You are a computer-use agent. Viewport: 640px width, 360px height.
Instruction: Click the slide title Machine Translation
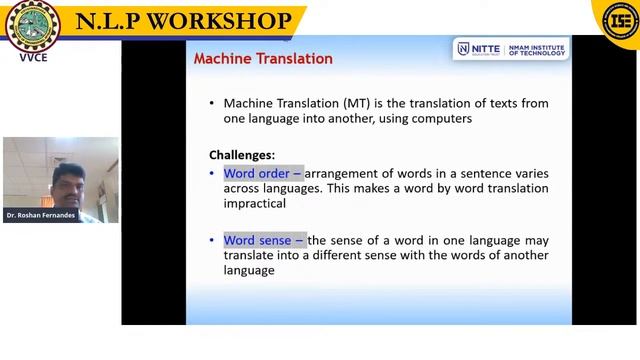click(263, 59)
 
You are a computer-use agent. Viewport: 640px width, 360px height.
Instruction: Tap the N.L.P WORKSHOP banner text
click(184, 21)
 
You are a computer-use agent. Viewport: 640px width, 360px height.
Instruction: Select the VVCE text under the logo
click(33, 57)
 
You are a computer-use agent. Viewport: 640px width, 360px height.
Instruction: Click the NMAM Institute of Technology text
click(536, 49)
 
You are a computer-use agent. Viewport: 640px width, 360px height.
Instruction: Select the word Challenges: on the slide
click(242, 155)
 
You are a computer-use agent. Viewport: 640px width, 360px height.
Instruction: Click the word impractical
click(255, 203)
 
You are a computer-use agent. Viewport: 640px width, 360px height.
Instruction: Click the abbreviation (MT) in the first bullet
click(357, 103)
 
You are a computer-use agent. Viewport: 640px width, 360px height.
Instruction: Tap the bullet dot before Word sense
click(212, 241)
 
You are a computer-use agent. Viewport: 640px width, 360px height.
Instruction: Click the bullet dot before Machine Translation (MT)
click(212, 104)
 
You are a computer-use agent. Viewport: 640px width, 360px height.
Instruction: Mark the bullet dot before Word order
click(212, 174)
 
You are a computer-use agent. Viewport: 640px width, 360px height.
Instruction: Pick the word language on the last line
click(249, 270)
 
